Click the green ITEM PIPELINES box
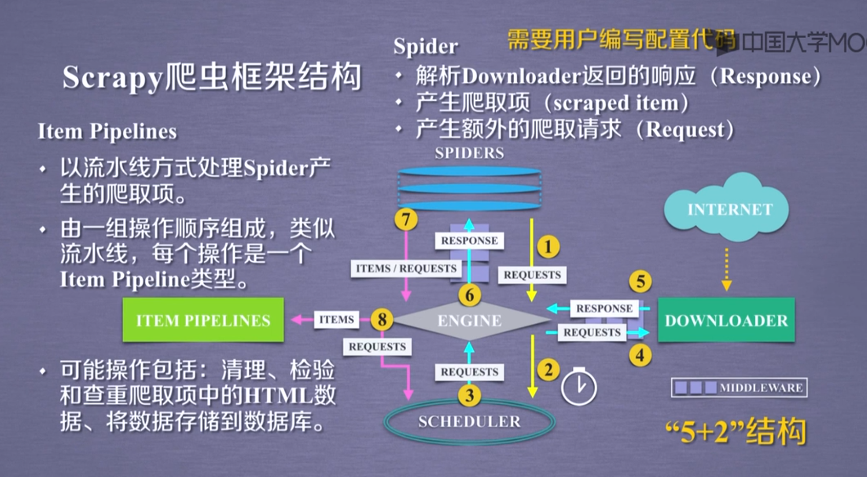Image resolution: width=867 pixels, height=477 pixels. point(203,320)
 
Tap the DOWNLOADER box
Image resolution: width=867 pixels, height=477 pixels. point(726,320)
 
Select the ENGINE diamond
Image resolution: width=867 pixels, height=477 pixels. point(469,320)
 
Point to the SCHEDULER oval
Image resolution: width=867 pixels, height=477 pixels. point(469,421)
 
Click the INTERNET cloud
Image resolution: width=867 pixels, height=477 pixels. point(729,209)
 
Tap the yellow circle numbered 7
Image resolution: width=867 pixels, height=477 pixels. point(406,219)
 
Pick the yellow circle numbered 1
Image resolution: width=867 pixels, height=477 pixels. point(548,247)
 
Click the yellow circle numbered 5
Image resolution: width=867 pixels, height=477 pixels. point(640,282)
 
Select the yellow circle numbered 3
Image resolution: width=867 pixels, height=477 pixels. point(469,395)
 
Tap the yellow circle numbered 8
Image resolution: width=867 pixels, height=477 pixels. point(382,319)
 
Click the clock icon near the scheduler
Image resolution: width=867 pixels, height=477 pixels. point(579,387)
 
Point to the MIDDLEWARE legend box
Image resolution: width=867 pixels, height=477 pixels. point(739,388)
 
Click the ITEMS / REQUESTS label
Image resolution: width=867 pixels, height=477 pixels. point(406,269)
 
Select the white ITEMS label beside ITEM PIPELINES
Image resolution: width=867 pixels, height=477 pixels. point(336,320)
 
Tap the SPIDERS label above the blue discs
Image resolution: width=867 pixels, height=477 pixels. point(469,153)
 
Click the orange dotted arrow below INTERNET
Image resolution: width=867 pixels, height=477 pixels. point(726,269)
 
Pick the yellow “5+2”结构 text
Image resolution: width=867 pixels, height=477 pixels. point(736,431)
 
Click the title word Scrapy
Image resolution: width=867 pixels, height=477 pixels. point(112,77)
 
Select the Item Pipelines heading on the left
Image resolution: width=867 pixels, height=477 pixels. point(107,132)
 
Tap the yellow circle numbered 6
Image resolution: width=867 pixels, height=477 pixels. point(469,295)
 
